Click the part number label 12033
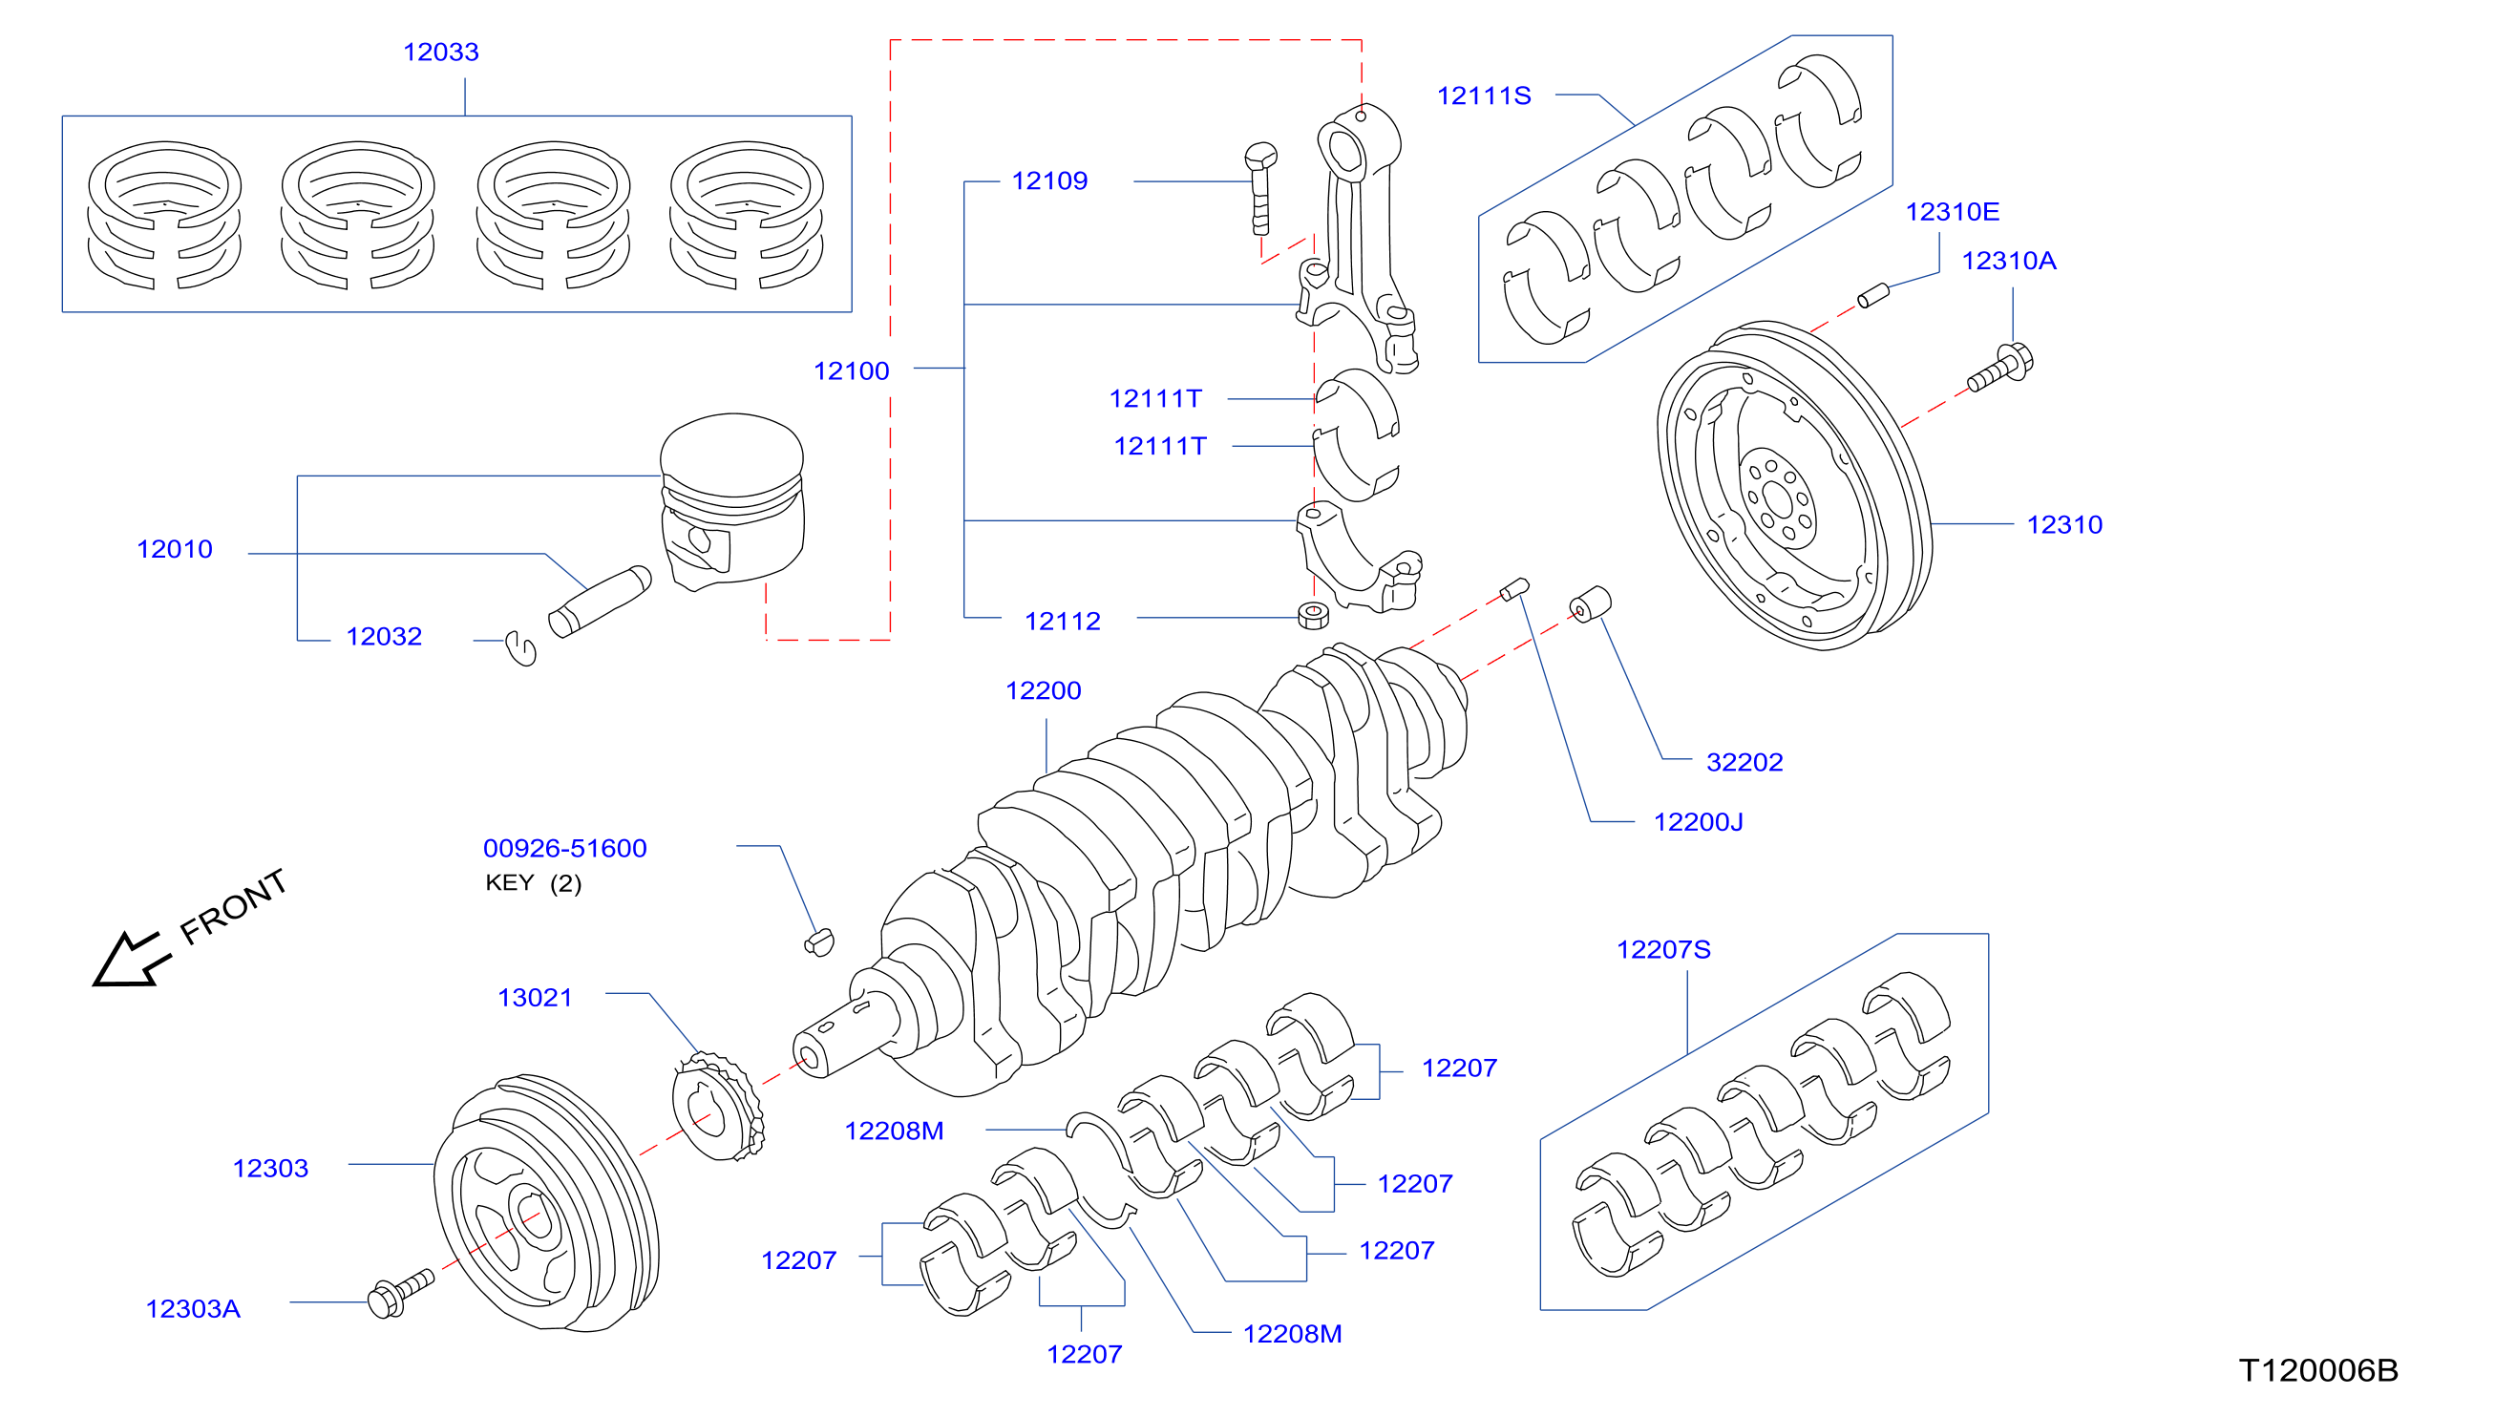[x=441, y=52]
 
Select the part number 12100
[x=851, y=370]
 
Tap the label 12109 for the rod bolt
[x=1049, y=181]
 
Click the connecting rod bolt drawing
[x=1260, y=189]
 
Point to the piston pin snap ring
[x=522, y=648]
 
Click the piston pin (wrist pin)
[x=600, y=602]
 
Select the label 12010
[x=174, y=549]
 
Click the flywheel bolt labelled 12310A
[x=1999, y=367]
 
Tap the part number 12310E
[x=1952, y=211]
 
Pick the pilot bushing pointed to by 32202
[x=1590, y=603]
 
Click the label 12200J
[x=1698, y=822]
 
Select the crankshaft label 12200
[x=1043, y=691]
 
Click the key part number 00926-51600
[x=564, y=849]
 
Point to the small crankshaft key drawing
[x=819, y=942]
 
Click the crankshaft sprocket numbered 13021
[x=718, y=1106]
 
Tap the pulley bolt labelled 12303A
[x=401, y=1294]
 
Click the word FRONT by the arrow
[x=234, y=907]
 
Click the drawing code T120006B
[x=2318, y=1370]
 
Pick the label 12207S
[x=1663, y=950]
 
